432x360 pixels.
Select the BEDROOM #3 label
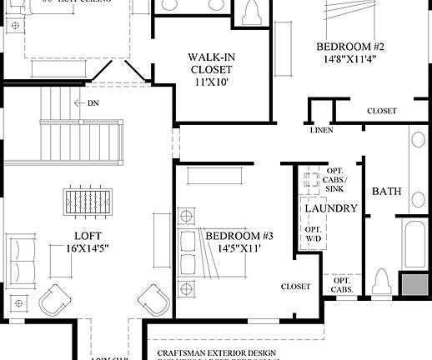(x=239, y=236)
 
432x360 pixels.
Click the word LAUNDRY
(x=331, y=207)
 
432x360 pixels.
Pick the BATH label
(x=386, y=191)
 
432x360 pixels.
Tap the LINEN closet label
(x=321, y=130)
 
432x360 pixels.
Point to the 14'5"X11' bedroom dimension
(x=239, y=249)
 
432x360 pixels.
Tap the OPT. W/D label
(x=314, y=234)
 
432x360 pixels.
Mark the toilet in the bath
(x=383, y=283)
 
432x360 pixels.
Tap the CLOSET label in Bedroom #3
(x=295, y=287)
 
